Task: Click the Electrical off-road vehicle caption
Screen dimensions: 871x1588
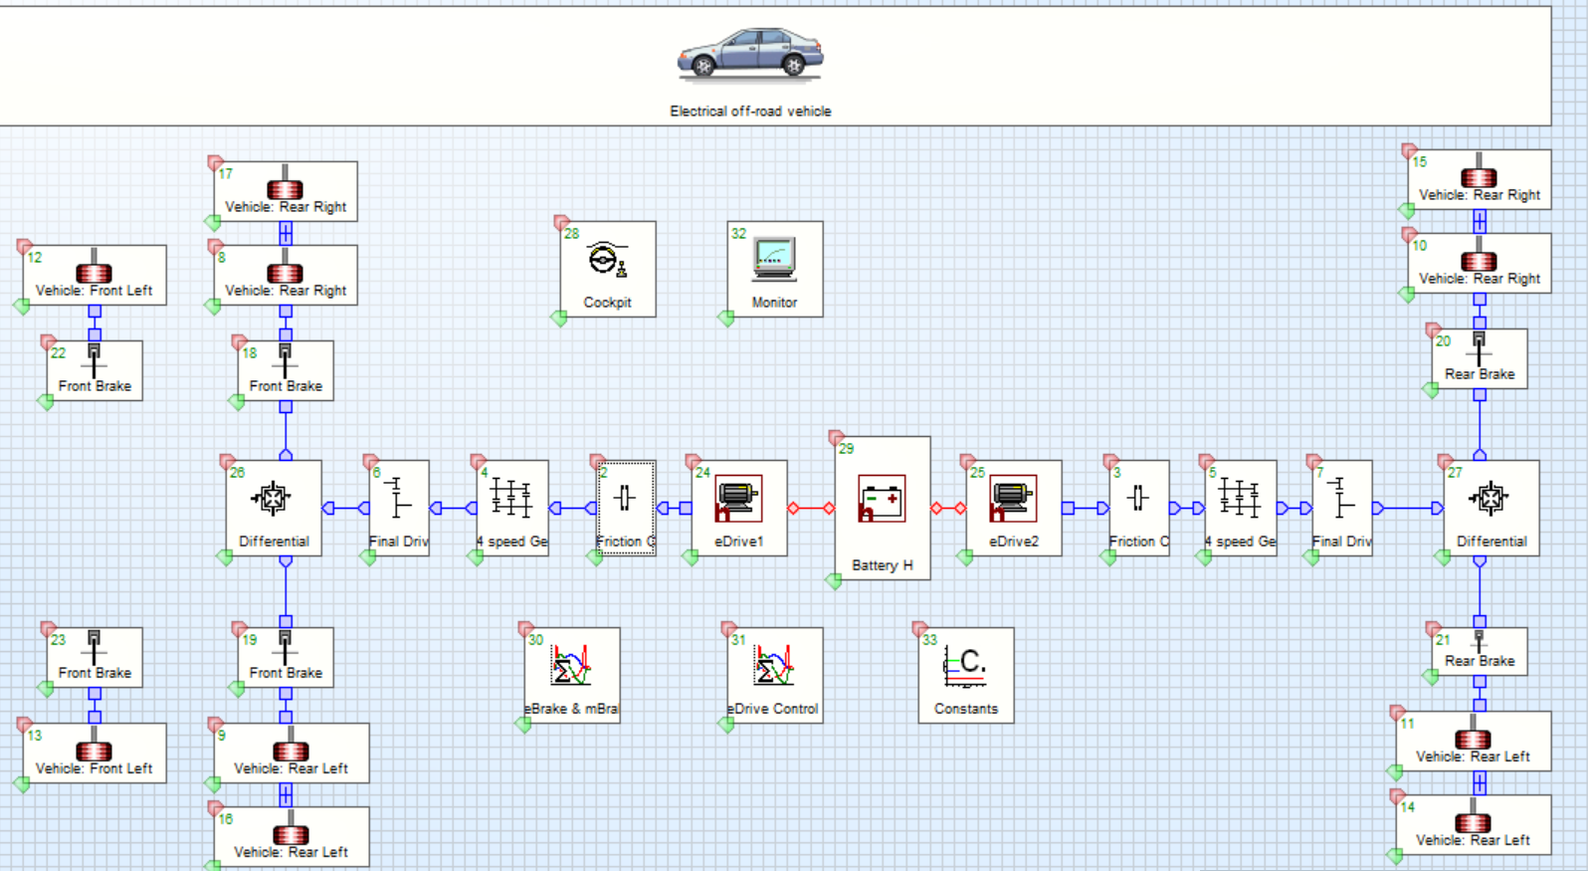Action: [750, 111]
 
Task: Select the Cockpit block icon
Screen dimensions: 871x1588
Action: [607, 261]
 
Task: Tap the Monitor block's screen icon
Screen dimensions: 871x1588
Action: [774, 259]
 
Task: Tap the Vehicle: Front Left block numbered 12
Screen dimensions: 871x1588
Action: [95, 276]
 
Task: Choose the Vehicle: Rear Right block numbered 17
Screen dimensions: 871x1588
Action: [286, 192]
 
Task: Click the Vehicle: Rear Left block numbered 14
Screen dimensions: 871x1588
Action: [1473, 825]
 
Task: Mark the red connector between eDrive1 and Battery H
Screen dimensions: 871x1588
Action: [811, 509]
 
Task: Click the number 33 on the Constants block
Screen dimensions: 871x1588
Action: [930, 640]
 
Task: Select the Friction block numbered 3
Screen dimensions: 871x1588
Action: [1138, 508]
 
